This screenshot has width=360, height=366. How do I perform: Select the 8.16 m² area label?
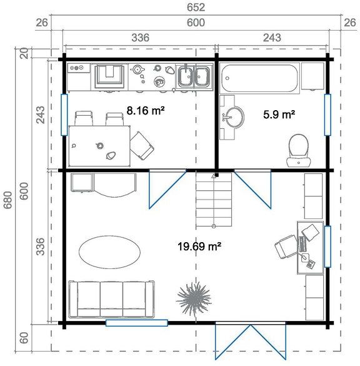pos(146,111)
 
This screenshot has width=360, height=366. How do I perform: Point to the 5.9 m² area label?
pos(279,114)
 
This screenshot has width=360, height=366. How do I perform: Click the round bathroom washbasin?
pos(236,116)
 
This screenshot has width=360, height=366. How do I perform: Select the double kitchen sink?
pos(192,77)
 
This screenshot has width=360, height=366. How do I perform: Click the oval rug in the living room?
pos(109,252)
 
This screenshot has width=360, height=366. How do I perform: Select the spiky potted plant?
pos(193,298)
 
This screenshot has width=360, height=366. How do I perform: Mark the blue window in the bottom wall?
pos(137,323)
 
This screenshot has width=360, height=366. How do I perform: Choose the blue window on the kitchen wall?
pos(64,114)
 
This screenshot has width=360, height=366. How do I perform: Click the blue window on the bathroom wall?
pos(327,113)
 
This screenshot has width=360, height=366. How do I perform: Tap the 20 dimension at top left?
pos(24,54)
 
